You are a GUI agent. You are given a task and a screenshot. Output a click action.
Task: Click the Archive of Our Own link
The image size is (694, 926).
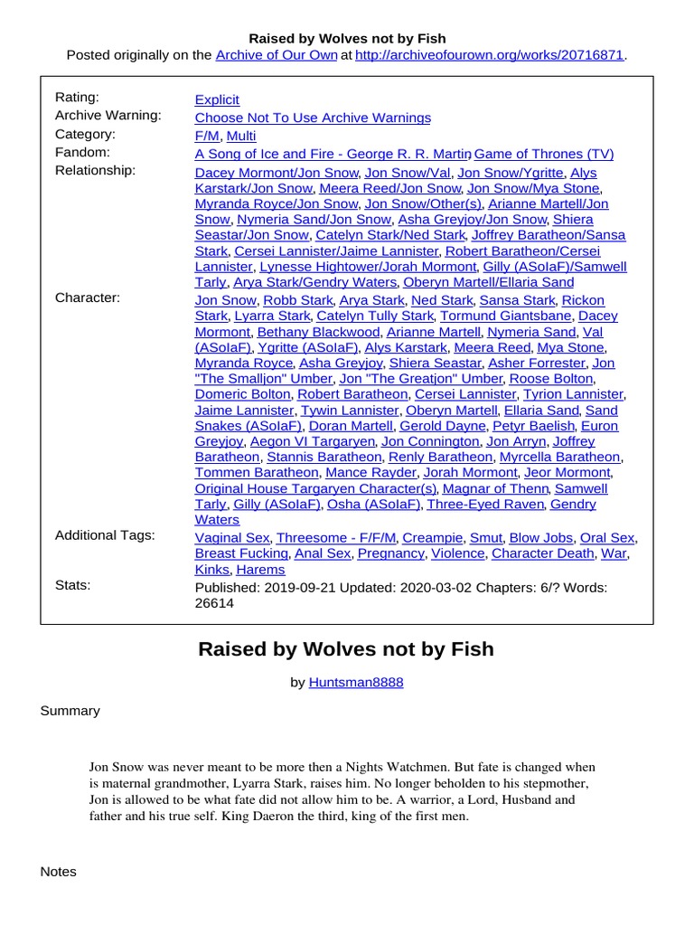(276, 55)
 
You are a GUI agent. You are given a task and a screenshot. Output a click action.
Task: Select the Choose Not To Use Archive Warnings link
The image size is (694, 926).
(313, 118)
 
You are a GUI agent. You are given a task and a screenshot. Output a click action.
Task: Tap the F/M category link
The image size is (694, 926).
(207, 136)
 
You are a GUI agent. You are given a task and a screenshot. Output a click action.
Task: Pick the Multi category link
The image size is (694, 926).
(241, 136)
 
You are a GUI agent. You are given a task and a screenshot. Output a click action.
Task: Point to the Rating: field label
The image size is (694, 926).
(77, 98)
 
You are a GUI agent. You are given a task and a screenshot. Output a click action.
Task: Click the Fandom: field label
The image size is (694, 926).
(82, 152)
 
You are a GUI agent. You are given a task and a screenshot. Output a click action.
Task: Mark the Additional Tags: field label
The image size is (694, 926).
(105, 535)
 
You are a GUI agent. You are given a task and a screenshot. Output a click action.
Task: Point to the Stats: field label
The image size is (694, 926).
(72, 585)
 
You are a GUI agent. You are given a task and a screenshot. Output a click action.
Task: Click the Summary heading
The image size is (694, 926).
(70, 711)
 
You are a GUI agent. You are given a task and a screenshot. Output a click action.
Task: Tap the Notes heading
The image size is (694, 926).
(58, 872)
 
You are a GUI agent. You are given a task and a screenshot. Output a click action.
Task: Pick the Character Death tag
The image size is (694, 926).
(542, 553)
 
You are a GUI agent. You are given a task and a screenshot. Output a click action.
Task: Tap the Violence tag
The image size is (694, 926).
(457, 553)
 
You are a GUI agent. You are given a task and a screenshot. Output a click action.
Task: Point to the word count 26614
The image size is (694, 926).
(214, 603)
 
